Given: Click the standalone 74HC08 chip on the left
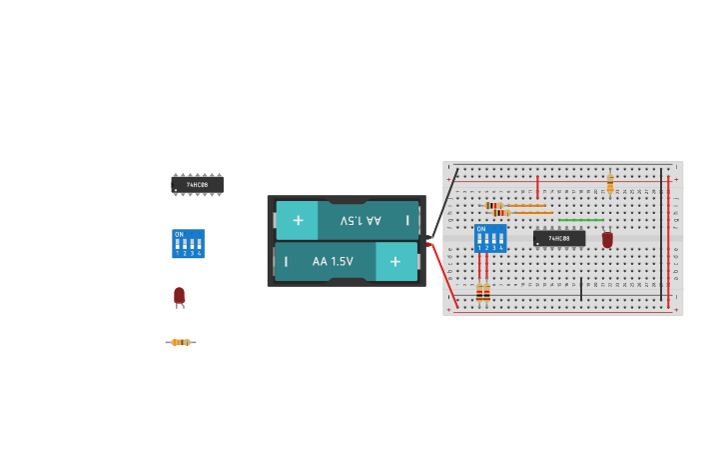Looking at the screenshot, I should (x=197, y=185).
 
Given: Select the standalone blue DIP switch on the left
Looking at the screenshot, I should (x=188, y=244).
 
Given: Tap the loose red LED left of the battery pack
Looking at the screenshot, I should (x=179, y=295).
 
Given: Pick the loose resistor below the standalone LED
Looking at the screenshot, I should (x=181, y=342).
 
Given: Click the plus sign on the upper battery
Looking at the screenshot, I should (x=297, y=219).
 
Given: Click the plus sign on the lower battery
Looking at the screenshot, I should (x=395, y=261).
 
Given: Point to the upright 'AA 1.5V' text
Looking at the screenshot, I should (x=333, y=261).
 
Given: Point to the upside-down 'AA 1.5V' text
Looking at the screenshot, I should (x=361, y=220).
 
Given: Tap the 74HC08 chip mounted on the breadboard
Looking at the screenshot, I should (x=559, y=238).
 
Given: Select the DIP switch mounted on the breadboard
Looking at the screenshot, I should (x=490, y=239).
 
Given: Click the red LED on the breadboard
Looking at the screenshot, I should (x=607, y=239).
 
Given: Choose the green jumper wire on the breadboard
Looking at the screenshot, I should (x=580, y=220).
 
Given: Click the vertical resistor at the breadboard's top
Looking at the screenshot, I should (x=610, y=183).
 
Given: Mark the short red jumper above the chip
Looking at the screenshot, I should (x=537, y=187).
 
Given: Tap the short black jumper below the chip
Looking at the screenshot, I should (x=581, y=289).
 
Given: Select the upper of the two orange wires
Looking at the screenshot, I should (x=527, y=205).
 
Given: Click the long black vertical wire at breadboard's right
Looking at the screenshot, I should (x=660, y=230).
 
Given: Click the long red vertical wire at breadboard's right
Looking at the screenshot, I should (x=668, y=240).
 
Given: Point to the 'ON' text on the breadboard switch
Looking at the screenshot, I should (x=481, y=229).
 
